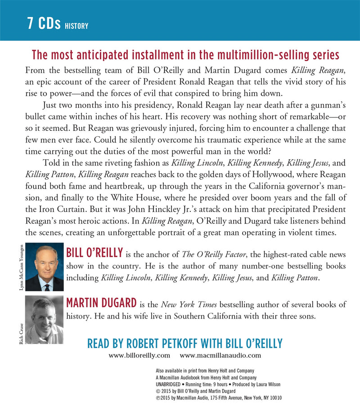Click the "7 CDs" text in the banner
point(44,24)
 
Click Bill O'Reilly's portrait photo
point(44,268)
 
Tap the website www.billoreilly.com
point(139,355)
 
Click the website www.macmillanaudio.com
point(220,355)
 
